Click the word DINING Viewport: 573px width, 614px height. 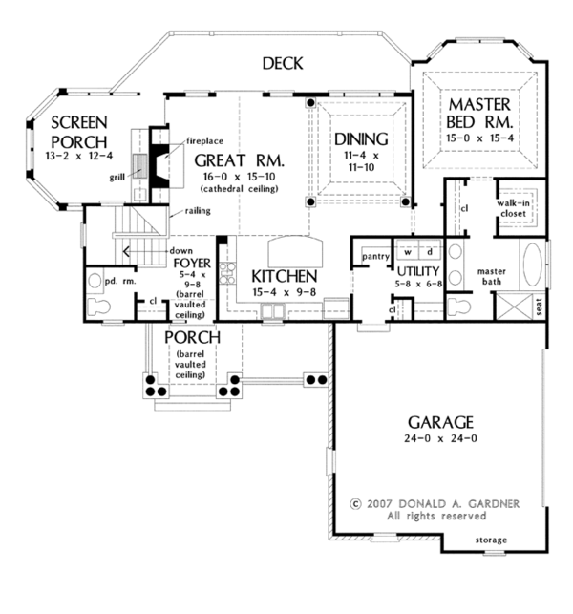pyautogui.click(x=361, y=138)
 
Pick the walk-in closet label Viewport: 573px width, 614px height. pyautogui.click(x=514, y=209)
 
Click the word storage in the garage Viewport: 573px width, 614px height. pyautogui.click(x=492, y=540)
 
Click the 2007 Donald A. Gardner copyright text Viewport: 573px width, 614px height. pyautogui.click(x=434, y=502)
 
